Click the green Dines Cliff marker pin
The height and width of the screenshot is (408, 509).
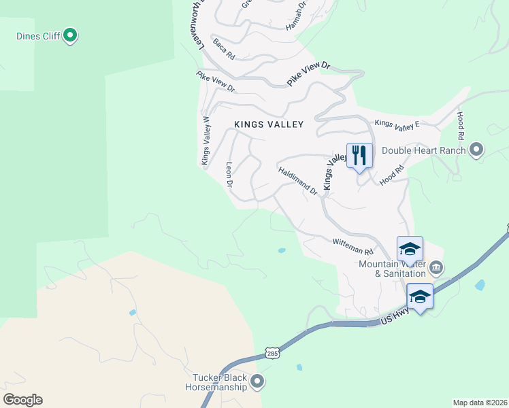[69, 35]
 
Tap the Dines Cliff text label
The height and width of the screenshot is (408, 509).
[38, 36]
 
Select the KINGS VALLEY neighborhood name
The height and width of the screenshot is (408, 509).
[268, 124]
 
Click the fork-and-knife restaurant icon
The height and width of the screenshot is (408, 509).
[359, 156]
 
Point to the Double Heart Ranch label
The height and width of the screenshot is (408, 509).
[423, 150]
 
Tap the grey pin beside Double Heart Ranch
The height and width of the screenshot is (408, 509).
[476, 150]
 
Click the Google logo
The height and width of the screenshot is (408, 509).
[22, 400]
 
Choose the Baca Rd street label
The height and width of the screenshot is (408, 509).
[223, 50]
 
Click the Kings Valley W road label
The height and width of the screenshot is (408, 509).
[205, 140]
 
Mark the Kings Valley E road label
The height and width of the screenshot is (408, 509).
[397, 124]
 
